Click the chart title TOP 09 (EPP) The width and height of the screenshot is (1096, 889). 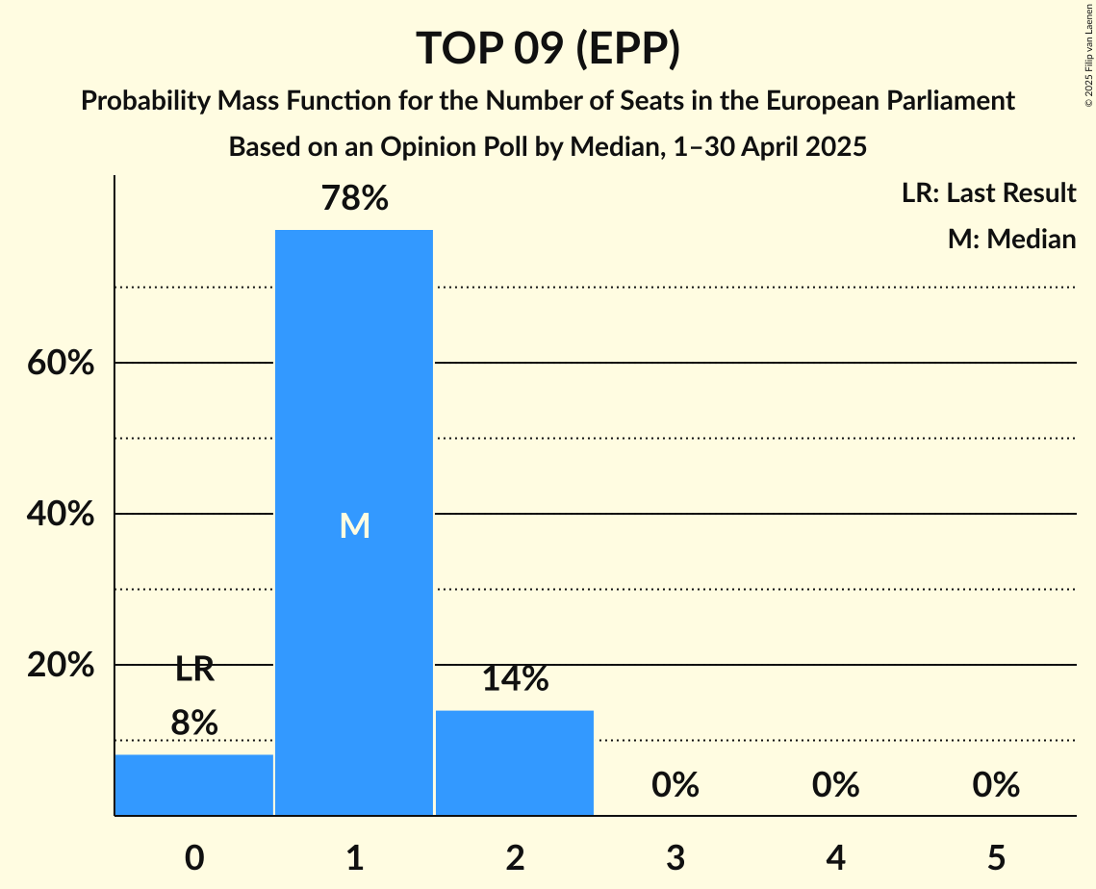coord(548,48)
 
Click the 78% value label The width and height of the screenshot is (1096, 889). coord(354,199)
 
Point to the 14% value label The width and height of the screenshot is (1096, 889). coord(515,679)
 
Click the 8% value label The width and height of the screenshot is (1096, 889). coord(194,723)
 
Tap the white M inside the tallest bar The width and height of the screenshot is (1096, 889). coord(354,525)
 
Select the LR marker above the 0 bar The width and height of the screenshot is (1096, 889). coord(194,670)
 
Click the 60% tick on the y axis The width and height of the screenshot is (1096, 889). coord(60,364)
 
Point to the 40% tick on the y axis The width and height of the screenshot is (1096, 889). coord(60,515)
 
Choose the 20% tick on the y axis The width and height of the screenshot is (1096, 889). coord(60,666)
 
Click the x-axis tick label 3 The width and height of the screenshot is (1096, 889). coord(675,856)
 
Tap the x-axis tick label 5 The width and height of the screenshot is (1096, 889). coord(995,856)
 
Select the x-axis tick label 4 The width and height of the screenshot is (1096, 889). coord(835,856)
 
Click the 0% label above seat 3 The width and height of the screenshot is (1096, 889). coord(675,785)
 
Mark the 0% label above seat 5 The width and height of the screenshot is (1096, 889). coord(995,785)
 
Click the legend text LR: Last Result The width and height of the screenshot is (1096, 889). coord(988,193)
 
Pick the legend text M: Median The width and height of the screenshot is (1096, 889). coord(1011,239)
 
